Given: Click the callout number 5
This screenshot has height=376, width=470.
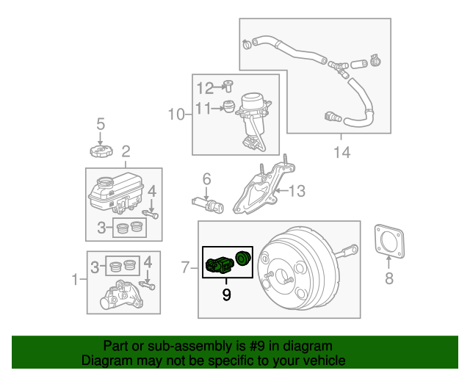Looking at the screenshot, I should coord(101,124).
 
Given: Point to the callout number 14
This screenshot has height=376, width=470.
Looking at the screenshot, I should coord(341,152).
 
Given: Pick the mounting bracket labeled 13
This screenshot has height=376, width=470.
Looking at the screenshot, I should coord(258,189).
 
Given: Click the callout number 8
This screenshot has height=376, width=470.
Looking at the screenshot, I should coord(389,278).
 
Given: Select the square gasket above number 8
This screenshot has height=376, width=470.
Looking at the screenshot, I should coord(389,241).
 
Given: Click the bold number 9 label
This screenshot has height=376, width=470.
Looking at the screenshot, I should coord(226,295).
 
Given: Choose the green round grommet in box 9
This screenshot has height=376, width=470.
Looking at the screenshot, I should coord(242,258).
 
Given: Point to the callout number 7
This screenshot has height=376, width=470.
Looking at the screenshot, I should coord(185,269).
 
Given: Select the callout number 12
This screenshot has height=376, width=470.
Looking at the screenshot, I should coord(205,88).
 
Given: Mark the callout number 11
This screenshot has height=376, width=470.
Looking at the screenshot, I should coord(204,109).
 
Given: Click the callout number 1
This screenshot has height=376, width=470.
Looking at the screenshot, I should coord(74,279).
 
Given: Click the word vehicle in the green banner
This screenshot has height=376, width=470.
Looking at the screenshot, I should coord(320,361).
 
